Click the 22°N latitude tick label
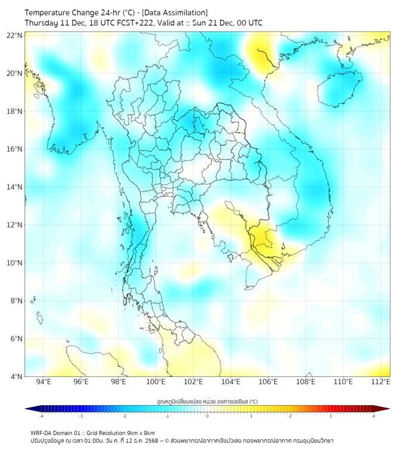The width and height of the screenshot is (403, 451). (15, 36)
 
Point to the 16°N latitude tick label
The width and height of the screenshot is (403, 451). (15, 149)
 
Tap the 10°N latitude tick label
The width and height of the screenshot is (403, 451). (15, 263)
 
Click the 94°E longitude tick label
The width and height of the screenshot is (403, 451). (44, 382)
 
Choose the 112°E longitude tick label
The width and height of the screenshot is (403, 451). (381, 382)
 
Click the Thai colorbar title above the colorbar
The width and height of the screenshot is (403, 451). (207, 401)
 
